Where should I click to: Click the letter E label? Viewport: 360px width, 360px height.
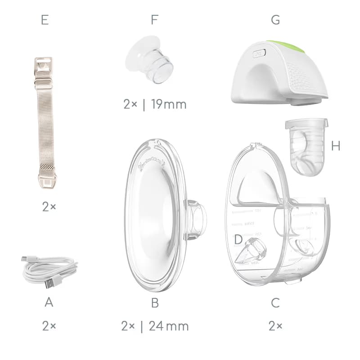click(45, 20)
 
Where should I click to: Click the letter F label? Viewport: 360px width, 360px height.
click(155, 20)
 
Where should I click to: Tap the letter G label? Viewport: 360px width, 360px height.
click(275, 20)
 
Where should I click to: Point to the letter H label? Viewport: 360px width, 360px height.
click(336, 145)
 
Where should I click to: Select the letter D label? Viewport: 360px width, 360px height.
click(238, 239)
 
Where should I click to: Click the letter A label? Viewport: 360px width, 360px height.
click(49, 302)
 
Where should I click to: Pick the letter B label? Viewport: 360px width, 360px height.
click(155, 302)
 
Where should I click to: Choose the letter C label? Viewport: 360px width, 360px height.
click(275, 302)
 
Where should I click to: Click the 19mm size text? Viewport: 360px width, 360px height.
click(169, 104)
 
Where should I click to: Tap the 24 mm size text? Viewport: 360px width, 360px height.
click(169, 326)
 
